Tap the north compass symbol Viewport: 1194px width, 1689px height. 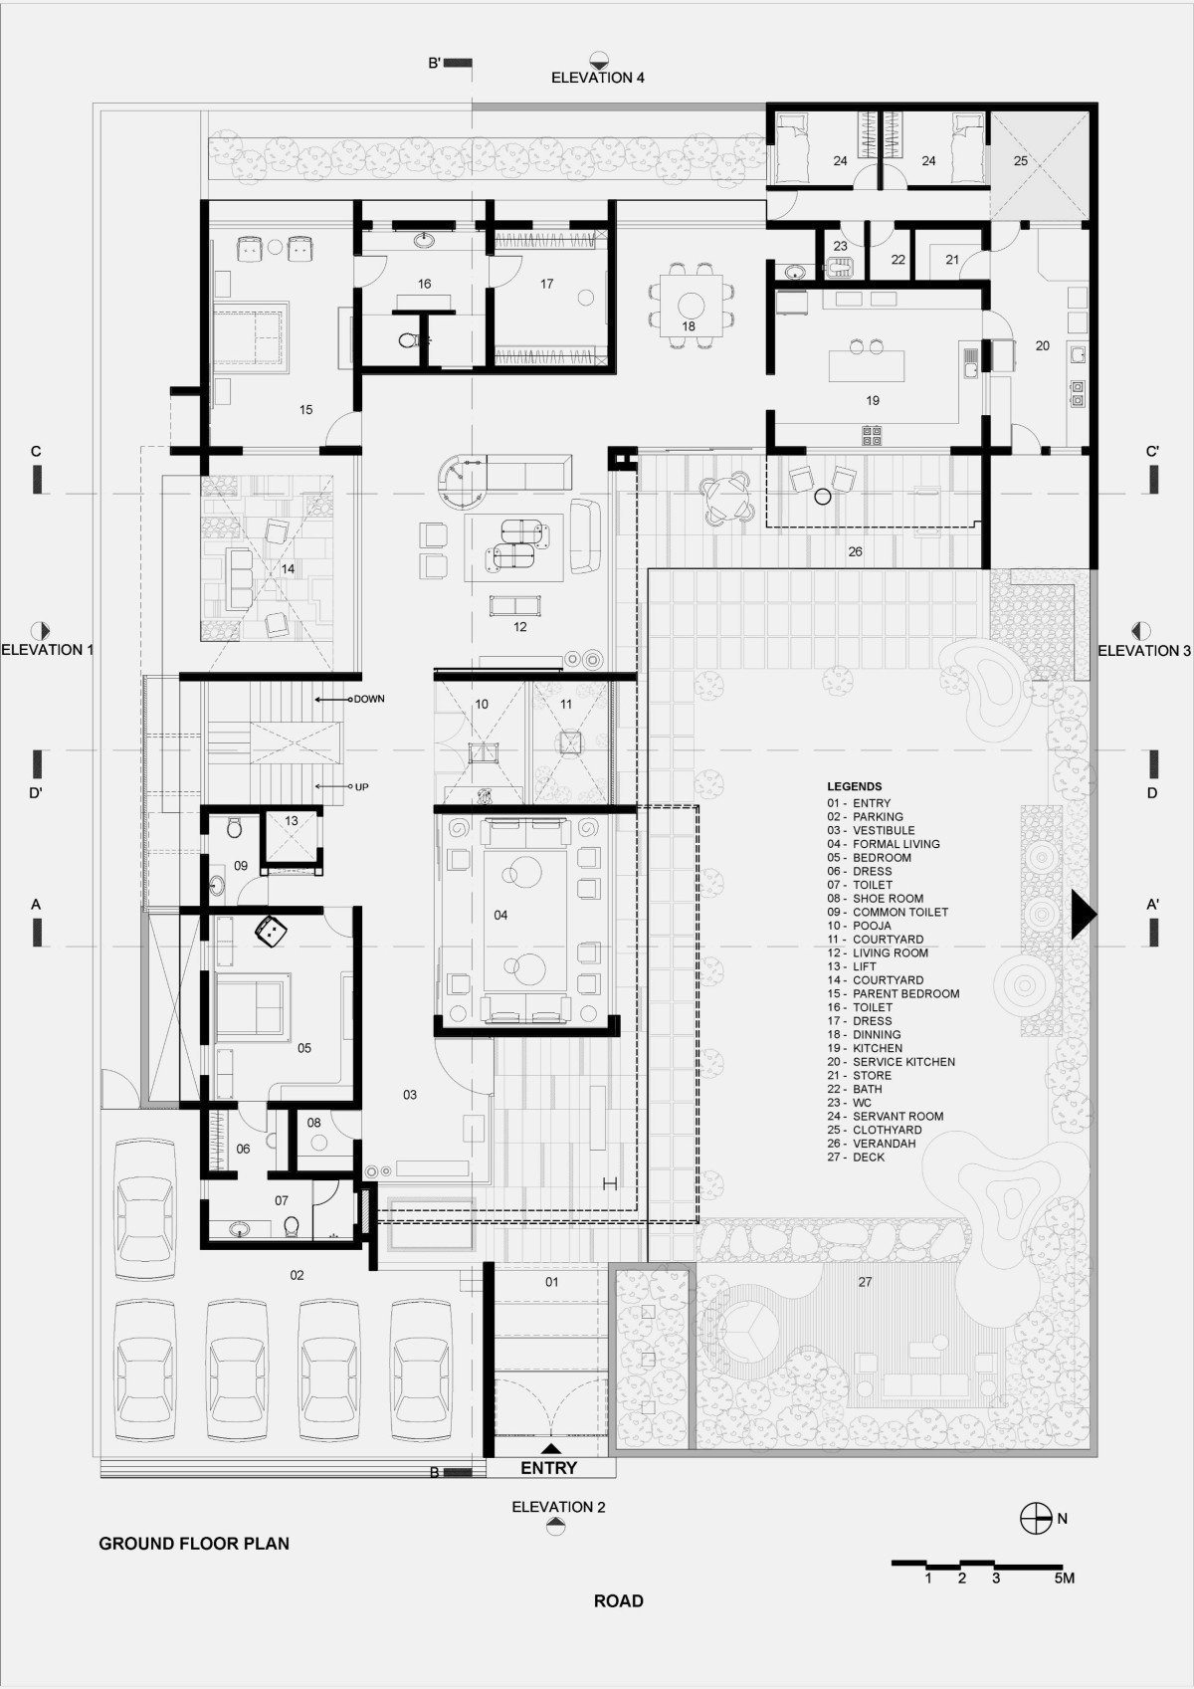pos(1036,1518)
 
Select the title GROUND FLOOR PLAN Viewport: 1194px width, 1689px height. pos(194,1544)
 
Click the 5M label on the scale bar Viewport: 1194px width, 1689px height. pos(1065,1579)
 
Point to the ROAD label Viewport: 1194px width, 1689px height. pos(618,1601)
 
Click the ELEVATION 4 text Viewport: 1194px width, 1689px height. pos(598,78)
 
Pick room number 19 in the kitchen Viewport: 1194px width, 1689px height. pos(873,400)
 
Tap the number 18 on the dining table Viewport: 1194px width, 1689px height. pos(689,326)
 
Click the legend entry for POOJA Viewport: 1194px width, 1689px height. pos(860,926)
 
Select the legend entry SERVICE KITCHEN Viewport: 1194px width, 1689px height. pos(891,1062)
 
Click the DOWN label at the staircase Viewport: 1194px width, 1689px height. pos(368,699)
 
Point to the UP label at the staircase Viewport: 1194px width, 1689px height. pos(361,787)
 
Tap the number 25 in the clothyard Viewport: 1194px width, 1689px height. pos(1021,160)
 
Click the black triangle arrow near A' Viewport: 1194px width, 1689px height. pos(1084,914)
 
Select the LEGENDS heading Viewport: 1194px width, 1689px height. pos(854,786)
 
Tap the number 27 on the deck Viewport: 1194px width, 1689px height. pos(865,1282)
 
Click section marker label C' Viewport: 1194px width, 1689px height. pos(1152,452)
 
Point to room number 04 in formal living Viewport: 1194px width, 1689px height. pos(500,916)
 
